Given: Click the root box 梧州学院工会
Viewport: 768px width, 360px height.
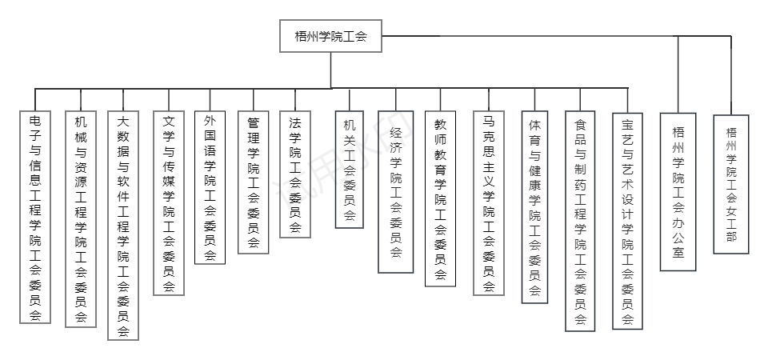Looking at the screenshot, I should [x=330, y=36].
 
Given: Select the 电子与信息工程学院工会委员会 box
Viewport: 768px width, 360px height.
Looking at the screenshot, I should [x=35, y=216].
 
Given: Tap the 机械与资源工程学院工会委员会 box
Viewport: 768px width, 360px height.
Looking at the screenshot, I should [x=80, y=218].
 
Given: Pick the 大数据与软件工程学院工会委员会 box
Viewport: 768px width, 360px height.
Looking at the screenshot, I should [x=123, y=225].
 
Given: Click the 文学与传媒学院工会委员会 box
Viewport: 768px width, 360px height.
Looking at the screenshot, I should [x=169, y=202].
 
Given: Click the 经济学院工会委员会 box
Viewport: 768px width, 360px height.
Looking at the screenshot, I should [x=395, y=191].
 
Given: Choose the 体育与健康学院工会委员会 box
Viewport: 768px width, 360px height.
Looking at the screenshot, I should [x=534, y=206].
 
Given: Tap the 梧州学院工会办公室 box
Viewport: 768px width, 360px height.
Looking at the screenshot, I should [x=678, y=190].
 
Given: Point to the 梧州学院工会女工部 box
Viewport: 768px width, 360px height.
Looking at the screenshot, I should [x=730, y=183].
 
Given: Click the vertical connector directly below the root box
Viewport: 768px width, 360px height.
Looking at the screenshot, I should [x=330, y=70].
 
